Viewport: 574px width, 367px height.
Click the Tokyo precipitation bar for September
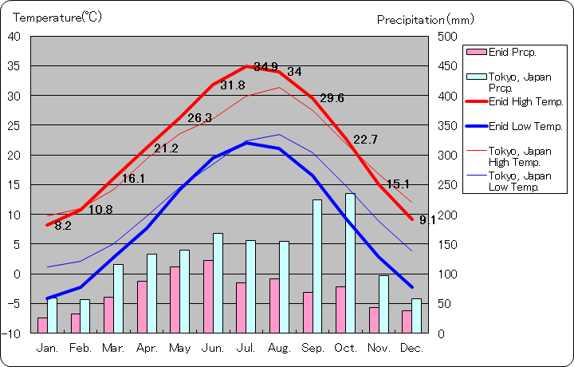317,266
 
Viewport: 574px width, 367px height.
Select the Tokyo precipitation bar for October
350,262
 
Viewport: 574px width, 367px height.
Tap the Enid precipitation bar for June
208,296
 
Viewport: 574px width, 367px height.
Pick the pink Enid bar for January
42,325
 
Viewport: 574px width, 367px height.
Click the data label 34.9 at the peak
266,66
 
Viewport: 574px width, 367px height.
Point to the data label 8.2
63,226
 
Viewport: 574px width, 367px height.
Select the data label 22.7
365,140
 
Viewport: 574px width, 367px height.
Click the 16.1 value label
132,179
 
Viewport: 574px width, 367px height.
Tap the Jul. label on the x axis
246,348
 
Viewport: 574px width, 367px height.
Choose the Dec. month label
411,348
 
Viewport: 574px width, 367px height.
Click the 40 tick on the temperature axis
14,37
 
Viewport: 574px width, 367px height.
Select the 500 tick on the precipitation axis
447,37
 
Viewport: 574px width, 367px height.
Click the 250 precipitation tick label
447,185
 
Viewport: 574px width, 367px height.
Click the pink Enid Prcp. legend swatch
476,52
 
